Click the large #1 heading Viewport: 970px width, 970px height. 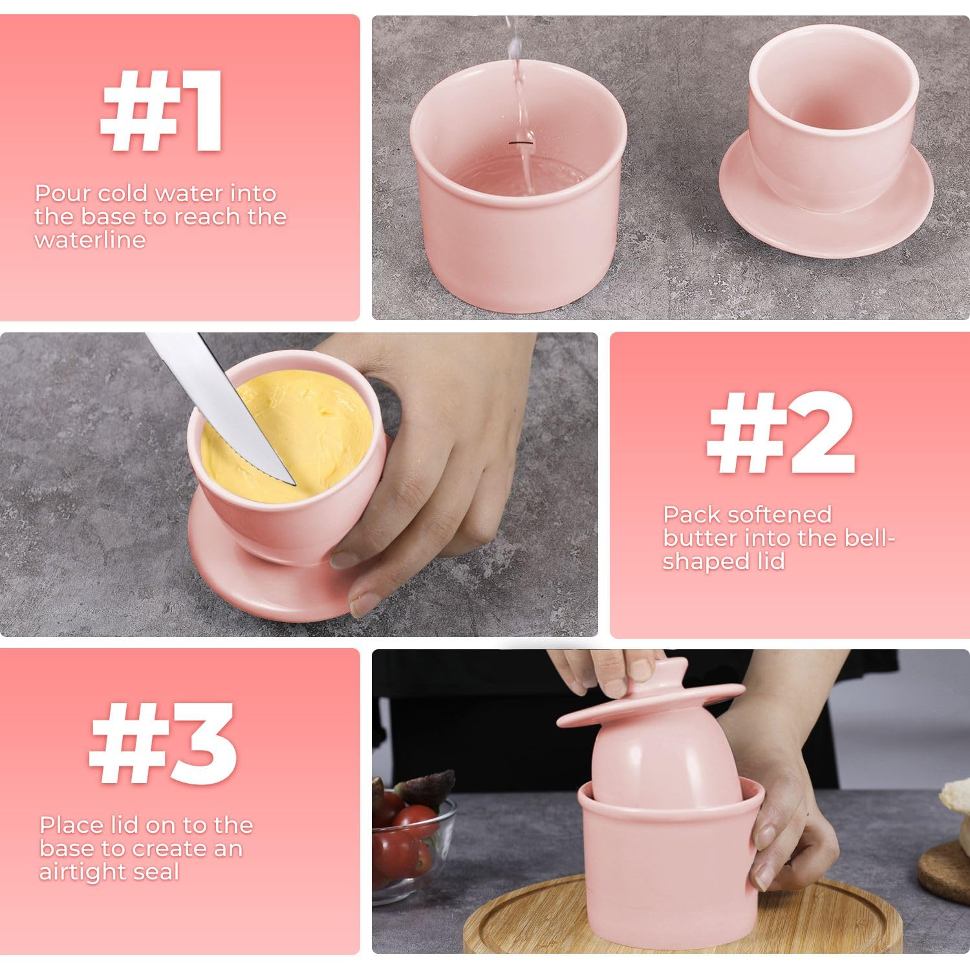click(x=162, y=111)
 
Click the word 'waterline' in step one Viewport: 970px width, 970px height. click(x=90, y=240)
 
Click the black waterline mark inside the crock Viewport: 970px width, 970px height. click(x=520, y=140)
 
